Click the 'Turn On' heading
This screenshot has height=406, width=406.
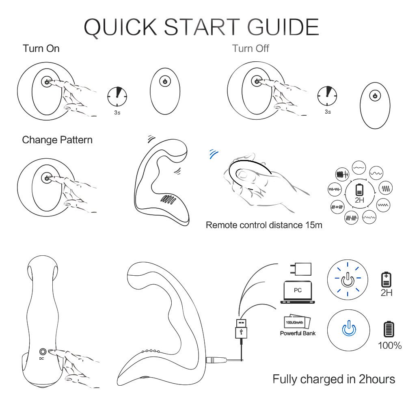41,48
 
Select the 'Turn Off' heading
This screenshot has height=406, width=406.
251,49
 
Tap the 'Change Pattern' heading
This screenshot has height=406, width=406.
57,140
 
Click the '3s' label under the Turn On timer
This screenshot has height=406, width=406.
117,112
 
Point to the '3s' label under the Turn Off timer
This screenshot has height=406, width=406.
328,112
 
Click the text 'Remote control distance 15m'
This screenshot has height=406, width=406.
264,225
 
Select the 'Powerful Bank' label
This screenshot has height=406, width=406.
298,333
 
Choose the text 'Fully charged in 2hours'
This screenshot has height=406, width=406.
334,379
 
